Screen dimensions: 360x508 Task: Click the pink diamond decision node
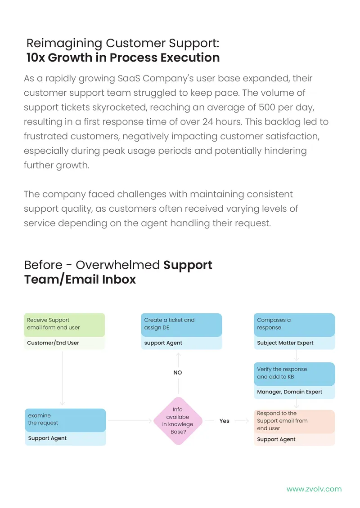click(x=178, y=420)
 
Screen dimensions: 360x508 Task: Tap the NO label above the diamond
click(x=178, y=373)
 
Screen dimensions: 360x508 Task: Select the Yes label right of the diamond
click(x=225, y=421)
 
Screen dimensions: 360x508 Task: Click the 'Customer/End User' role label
click(x=53, y=343)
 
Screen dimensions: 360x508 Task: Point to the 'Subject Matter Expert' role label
click(x=285, y=343)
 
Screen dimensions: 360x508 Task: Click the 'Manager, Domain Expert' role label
click(x=290, y=392)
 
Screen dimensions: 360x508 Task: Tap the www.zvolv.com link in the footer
click(x=314, y=489)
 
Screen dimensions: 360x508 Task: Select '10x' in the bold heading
click(x=36, y=58)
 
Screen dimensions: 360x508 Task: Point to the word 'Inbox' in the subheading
click(x=119, y=280)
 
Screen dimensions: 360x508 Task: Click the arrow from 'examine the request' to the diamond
click(x=130, y=421)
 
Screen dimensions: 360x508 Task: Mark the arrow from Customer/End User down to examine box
click(x=62, y=379)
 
